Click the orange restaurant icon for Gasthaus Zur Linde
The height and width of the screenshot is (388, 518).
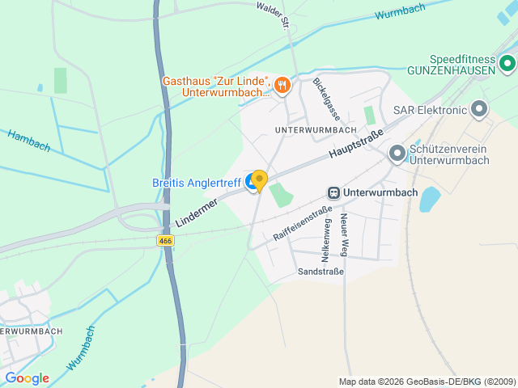(282, 84)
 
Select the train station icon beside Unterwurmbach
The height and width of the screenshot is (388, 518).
(333, 193)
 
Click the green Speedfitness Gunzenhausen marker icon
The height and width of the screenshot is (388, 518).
(507, 61)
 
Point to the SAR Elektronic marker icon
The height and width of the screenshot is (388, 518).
(480, 108)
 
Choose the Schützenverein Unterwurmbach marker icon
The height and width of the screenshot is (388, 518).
(397, 152)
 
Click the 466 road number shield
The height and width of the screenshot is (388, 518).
(165, 240)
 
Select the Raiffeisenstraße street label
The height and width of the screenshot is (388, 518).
(302, 222)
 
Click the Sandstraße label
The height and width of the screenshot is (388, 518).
(321, 272)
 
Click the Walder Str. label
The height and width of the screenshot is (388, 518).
(273, 15)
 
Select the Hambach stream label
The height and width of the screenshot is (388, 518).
(29, 141)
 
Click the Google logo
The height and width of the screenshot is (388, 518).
(27, 377)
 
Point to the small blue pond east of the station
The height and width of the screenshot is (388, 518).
(429, 199)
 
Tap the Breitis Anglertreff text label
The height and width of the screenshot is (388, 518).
(197, 183)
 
